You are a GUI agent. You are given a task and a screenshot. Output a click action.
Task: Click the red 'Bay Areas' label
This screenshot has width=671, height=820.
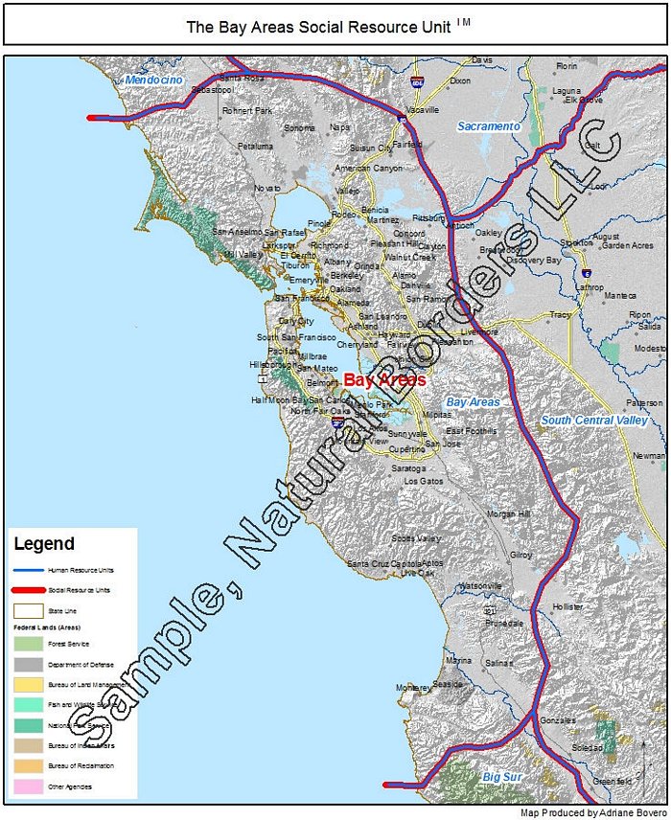coord(384,380)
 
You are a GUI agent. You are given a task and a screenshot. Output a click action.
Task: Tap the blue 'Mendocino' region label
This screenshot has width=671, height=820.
coord(153,80)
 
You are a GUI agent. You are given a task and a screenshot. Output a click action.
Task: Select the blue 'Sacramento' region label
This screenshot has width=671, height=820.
coord(488,126)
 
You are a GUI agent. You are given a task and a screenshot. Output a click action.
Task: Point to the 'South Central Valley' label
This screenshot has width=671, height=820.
coord(593,421)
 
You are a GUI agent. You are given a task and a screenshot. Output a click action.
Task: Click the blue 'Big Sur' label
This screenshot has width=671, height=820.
coord(502,777)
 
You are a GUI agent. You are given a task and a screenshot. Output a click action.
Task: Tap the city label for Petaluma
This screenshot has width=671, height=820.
coord(256,147)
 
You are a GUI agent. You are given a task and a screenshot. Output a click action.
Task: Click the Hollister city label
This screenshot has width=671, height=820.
coord(567,607)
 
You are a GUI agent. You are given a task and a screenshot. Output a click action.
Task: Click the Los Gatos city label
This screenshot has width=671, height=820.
coord(425,481)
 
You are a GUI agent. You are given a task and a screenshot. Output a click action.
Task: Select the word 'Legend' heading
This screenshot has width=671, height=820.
coord(44,544)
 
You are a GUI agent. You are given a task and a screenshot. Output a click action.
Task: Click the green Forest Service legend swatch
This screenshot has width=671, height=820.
coord(28,645)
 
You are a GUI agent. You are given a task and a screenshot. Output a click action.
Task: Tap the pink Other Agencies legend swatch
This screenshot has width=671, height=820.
coord(28,786)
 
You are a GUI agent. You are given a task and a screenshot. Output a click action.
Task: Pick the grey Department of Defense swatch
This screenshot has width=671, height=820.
coord(28,665)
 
